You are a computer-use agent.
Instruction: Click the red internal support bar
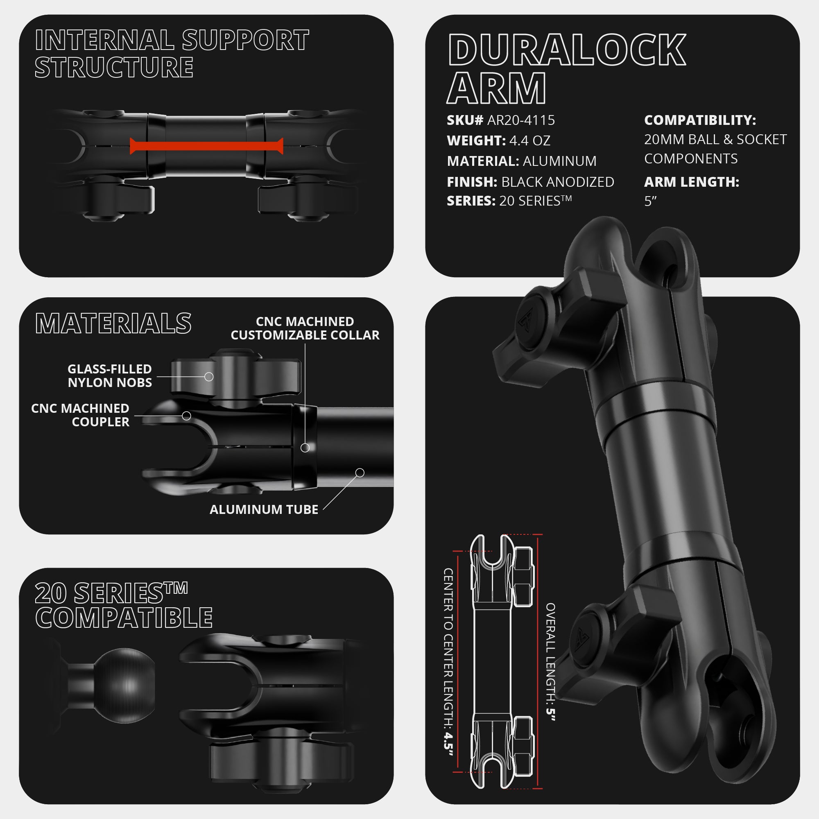pos(206,146)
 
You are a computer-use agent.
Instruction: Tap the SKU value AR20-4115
pos(521,120)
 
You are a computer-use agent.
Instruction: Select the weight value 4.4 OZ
pos(529,141)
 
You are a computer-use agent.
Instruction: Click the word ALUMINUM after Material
pos(559,161)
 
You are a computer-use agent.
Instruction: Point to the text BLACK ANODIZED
pos(557,182)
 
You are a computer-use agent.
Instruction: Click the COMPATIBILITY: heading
pos(700,120)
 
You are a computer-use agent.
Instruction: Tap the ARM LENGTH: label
pos(691,182)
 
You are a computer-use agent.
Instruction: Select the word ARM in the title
pos(496,88)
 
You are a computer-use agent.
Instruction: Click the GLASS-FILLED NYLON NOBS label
pos(110,376)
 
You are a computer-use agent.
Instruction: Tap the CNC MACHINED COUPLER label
pos(80,415)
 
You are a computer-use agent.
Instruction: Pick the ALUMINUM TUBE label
pos(264,509)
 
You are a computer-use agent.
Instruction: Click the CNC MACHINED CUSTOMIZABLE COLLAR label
pos(305,328)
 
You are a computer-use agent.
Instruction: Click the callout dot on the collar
pos(305,448)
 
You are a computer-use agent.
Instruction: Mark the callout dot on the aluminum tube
pos(360,472)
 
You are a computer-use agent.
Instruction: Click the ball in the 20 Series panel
pos(124,686)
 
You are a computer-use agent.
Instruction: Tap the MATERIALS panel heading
pos(113,324)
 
